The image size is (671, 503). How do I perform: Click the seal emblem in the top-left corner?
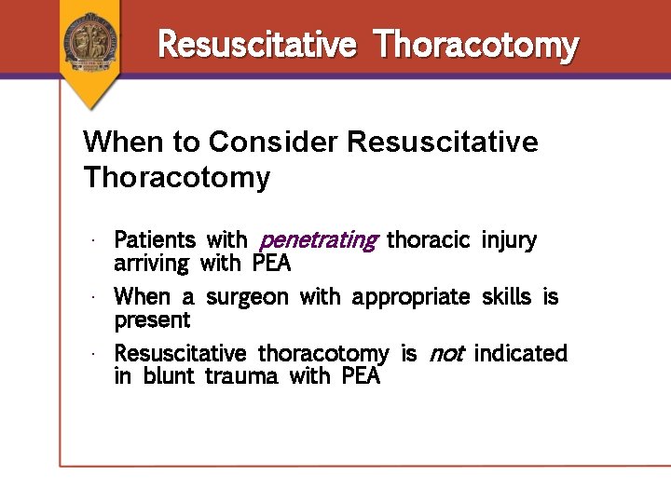pyautogui.click(x=91, y=41)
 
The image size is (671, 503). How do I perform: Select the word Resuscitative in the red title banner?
pyautogui.click(x=257, y=44)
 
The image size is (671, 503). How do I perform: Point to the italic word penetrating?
pyautogui.click(x=317, y=240)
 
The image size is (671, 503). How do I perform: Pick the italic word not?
pyautogui.click(x=445, y=354)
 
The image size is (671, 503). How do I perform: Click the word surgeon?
pyautogui.click(x=248, y=297)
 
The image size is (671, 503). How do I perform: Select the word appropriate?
pyautogui.click(x=411, y=297)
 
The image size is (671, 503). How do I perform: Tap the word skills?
pyautogui.click(x=507, y=297)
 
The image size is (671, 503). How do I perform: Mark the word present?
pyautogui.click(x=152, y=320)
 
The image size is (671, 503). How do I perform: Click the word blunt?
pyautogui.click(x=170, y=377)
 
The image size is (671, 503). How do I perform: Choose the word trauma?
pyautogui.click(x=242, y=377)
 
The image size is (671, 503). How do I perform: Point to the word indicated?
pyautogui.click(x=520, y=354)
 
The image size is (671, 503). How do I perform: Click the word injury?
pyautogui.click(x=509, y=240)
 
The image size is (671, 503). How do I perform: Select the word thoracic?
pyautogui.click(x=428, y=240)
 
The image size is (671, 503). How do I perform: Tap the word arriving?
pyautogui.click(x=151, y=264)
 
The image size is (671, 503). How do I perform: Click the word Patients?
pyautogui.click(x=155, y=240)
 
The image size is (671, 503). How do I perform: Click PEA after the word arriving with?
pyautogui.click(x=271, y=264)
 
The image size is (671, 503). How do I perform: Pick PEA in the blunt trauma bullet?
pyautogui.click(x=361, y=377)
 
